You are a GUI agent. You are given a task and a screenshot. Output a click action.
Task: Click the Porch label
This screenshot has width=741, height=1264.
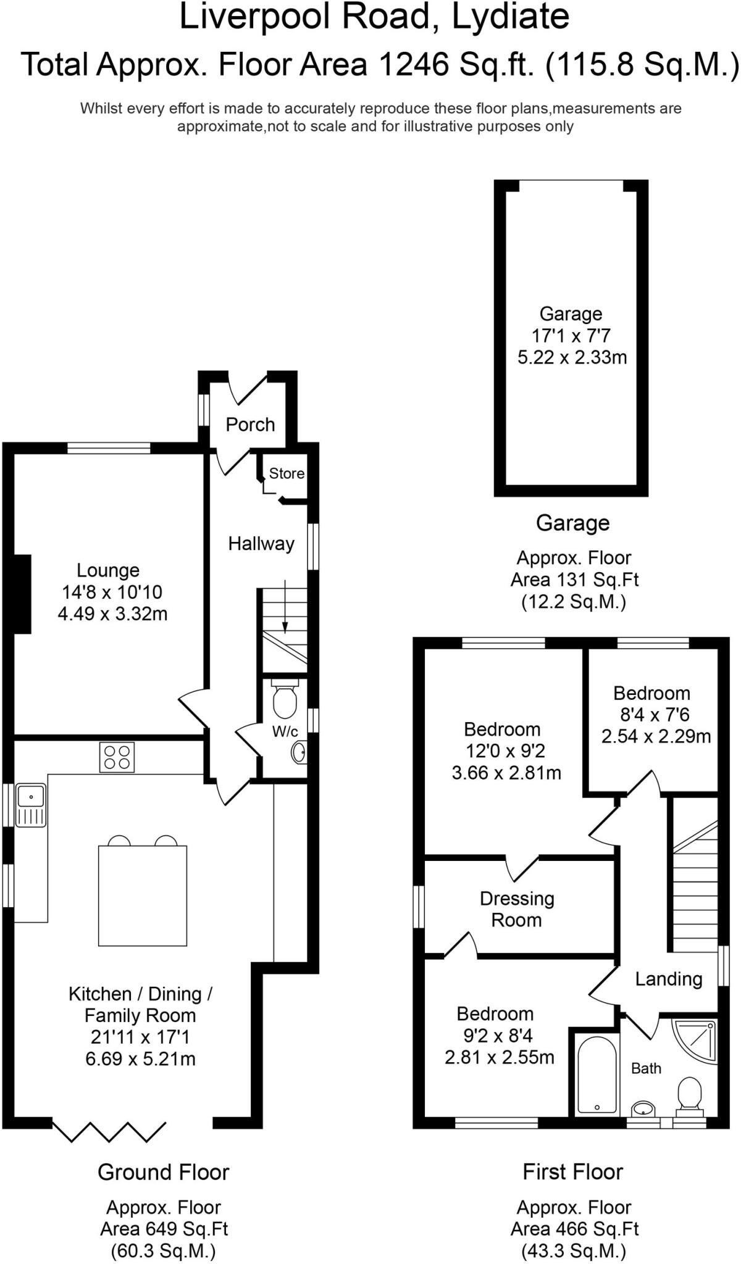250,425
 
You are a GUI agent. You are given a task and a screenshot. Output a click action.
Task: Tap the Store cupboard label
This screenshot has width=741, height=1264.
287,473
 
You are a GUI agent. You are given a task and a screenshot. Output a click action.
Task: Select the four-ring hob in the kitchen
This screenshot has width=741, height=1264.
117,757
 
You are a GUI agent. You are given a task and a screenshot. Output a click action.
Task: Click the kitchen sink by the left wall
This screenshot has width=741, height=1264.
31,804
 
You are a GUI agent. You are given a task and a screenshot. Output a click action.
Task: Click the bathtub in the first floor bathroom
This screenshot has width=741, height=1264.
597,1075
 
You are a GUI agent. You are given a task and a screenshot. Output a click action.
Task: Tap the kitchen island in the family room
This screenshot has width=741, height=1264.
143,895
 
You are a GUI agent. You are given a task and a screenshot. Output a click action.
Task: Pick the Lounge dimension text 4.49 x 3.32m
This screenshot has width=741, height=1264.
112,614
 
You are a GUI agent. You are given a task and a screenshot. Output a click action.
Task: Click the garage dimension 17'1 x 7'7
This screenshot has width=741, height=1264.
571,336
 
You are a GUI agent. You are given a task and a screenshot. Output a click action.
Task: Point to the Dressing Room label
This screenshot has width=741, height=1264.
517,909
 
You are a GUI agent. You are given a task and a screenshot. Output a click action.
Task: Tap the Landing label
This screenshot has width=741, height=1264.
669,979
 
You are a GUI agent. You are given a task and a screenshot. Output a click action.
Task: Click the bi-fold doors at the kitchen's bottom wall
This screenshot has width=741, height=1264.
109,1131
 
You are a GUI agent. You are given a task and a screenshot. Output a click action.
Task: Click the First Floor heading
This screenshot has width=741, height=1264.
572,1171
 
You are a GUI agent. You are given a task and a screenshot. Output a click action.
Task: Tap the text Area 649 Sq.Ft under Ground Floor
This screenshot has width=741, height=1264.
164,1229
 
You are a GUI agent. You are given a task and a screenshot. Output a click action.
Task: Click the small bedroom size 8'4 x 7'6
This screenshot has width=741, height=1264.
655,715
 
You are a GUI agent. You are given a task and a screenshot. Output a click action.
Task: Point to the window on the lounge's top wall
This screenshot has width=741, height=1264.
109,448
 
